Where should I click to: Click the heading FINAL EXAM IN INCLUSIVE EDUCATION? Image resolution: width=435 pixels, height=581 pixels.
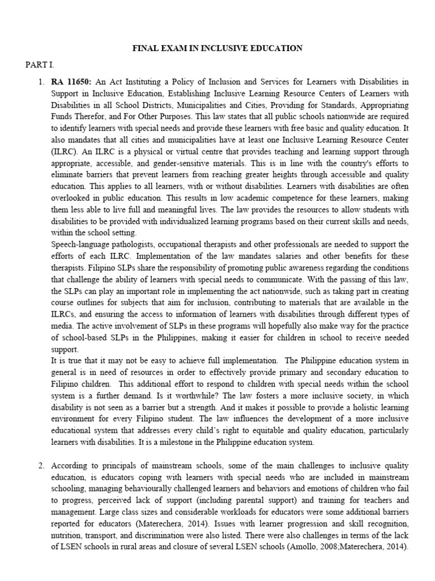tap(217, 48)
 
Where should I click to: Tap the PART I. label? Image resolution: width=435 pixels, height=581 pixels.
tap(38, 65)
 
